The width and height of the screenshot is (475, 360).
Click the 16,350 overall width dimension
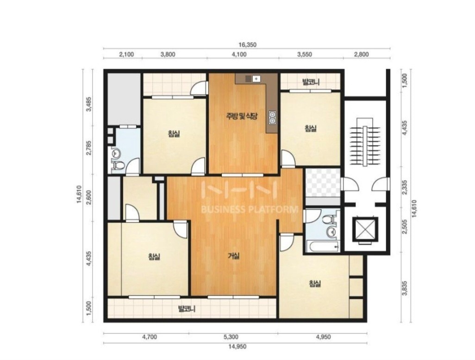[248, 45]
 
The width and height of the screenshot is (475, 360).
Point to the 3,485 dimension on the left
[89, 105]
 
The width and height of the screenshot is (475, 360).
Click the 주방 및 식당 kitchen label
[242, 116]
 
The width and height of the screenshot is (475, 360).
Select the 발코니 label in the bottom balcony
[187, 309]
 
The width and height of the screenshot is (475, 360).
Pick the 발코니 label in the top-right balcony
[311, 82]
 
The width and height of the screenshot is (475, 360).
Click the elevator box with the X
[365, 229]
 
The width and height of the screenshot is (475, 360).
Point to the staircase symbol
[365, 142]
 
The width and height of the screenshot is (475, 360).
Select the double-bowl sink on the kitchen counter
[272, 118]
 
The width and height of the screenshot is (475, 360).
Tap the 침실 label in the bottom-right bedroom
[315, 284]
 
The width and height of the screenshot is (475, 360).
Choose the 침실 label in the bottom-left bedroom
[154, 257]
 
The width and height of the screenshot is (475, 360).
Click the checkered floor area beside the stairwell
[323, 183]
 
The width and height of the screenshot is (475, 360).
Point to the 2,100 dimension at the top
[126, 55]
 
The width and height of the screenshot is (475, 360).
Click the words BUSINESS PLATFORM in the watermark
[250, 209]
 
